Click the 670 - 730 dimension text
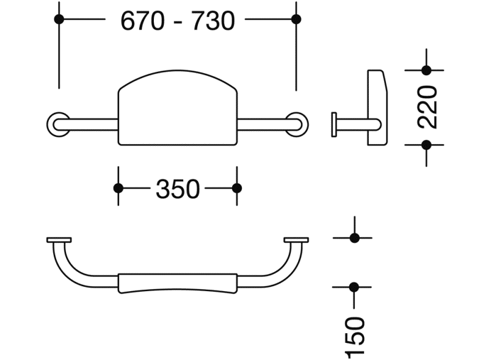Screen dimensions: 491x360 [x=178, y=21]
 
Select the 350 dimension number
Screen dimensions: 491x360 [x=178, y=189]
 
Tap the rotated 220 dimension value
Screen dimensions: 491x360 [x=427, y=107]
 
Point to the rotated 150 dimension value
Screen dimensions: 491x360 [x=355, y=337]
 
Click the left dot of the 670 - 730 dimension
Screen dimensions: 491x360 [x=59, y=19]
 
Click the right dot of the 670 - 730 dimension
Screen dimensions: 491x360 [x=296, y=19]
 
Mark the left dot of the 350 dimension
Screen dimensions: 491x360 [x=118, y=189]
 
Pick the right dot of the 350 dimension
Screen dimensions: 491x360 [x=237, y=189]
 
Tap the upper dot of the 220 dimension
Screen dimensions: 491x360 [x=426, y=70]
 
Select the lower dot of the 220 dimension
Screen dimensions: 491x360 [x=426, y=145]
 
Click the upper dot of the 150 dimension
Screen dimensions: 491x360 [x=354, y=238]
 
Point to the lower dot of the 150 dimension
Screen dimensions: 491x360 [x=354, y=287]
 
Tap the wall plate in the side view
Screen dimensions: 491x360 [x=334, y=124]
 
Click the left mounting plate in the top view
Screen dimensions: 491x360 [x=59, y=240]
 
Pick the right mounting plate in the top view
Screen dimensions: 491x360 [x=296, y=240]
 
